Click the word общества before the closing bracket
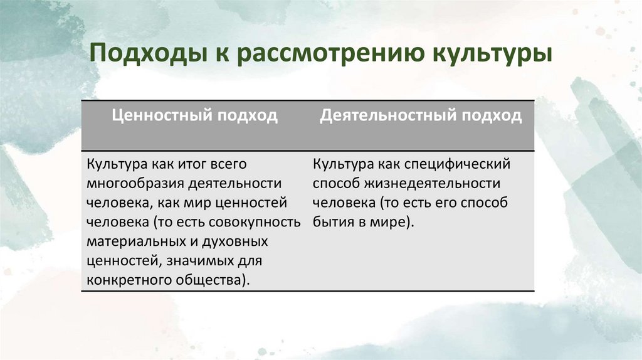click(x=208, y=280)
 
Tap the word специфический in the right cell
click(x=466, y=164)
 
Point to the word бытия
click(x=332, y=222)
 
